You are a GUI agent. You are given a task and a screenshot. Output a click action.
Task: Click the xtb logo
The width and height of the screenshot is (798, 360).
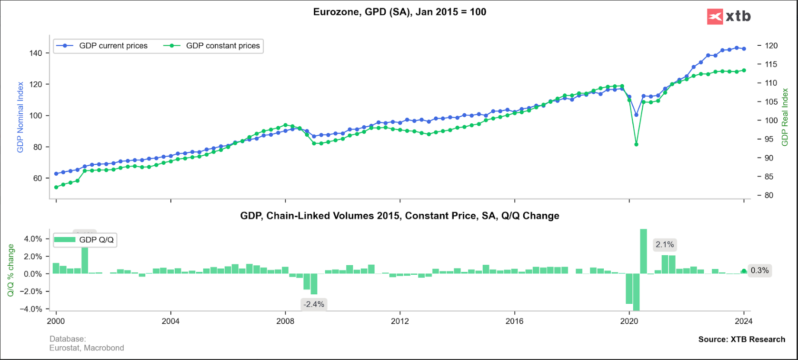729,16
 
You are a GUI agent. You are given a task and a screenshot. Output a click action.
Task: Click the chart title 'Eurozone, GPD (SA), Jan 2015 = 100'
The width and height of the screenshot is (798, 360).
399,12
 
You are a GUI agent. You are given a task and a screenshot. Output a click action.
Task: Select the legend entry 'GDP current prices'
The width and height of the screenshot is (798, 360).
113,46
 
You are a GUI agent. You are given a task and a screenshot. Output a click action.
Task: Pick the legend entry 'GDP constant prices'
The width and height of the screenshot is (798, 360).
223,46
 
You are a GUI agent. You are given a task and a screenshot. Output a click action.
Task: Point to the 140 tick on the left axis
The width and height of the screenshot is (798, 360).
36,53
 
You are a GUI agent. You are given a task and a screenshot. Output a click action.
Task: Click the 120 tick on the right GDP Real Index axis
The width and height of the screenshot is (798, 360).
771,46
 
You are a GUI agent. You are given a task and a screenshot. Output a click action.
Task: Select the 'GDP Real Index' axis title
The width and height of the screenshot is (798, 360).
786,117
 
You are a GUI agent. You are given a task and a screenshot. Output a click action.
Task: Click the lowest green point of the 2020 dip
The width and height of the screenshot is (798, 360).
636,144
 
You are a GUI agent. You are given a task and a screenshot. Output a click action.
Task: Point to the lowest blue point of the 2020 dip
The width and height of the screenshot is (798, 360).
636,115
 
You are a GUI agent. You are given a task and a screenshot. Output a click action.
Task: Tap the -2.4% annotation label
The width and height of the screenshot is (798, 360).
314,304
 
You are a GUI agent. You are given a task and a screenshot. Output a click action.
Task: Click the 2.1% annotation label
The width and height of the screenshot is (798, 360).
665,245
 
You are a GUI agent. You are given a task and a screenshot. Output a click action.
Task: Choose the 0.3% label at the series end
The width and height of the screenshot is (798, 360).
759,270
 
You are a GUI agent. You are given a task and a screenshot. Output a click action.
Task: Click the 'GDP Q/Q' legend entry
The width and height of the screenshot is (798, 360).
96,240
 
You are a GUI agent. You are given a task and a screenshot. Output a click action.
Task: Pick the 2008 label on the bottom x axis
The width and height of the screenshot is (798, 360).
285,321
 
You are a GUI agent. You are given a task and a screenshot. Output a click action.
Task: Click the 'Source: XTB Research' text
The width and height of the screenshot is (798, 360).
741,339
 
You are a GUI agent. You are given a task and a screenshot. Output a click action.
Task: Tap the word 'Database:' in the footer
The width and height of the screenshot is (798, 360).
68,339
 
